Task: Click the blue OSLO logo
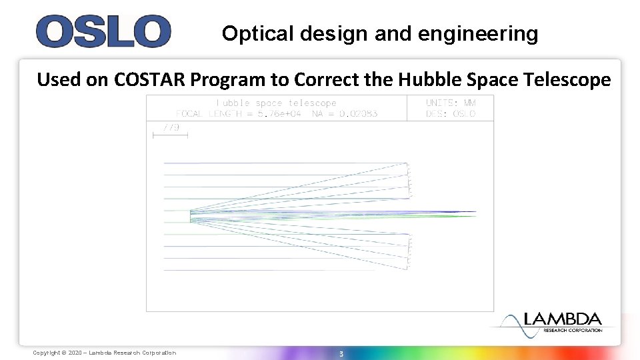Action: [103, 31]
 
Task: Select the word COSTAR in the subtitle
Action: [151, 80]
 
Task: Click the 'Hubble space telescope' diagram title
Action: [277, 103]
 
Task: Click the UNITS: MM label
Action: [451, 103]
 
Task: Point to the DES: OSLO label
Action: [451, 113]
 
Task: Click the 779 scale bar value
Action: [171, 127]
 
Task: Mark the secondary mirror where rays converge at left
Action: [190, 216]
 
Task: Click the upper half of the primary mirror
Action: [408, 180]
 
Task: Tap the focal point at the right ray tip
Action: [475, 213]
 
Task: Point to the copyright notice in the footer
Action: [105, 353]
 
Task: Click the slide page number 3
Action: [341, 353]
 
